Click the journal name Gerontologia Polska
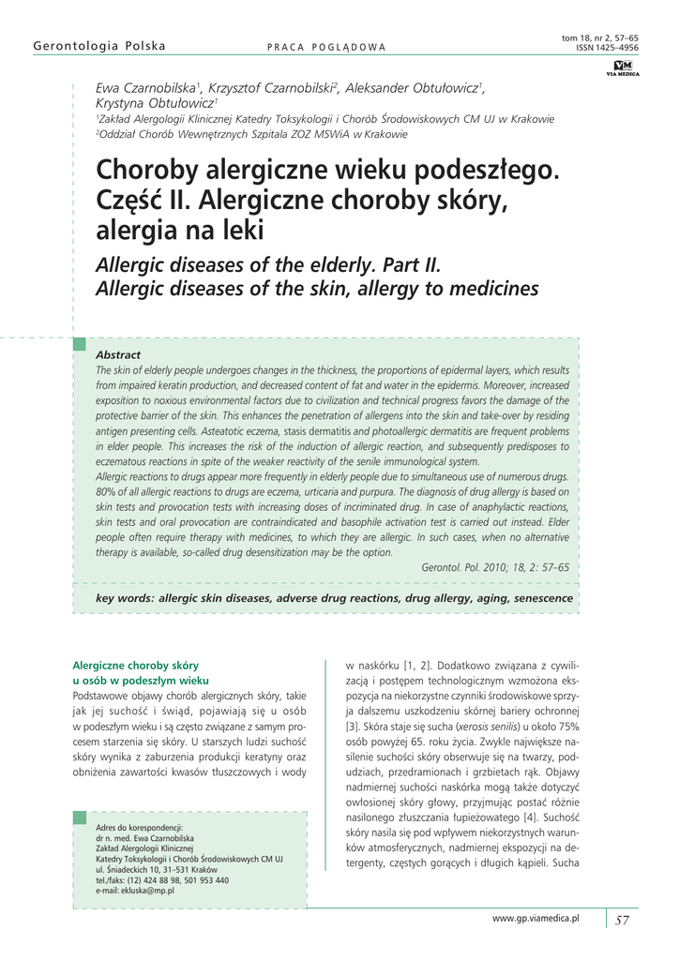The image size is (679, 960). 98,46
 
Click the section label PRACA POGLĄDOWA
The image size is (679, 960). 326,47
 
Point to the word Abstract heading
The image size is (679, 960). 118,354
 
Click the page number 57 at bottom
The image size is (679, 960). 622,920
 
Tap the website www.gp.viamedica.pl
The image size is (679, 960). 536,919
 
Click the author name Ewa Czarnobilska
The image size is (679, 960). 148,88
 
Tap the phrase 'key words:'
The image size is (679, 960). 126,597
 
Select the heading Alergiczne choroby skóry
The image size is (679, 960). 135,665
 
